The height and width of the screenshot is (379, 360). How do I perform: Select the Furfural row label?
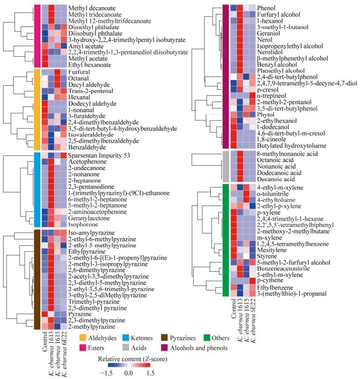coord(79,72)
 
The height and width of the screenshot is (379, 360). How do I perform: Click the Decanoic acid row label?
coord(276,179)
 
